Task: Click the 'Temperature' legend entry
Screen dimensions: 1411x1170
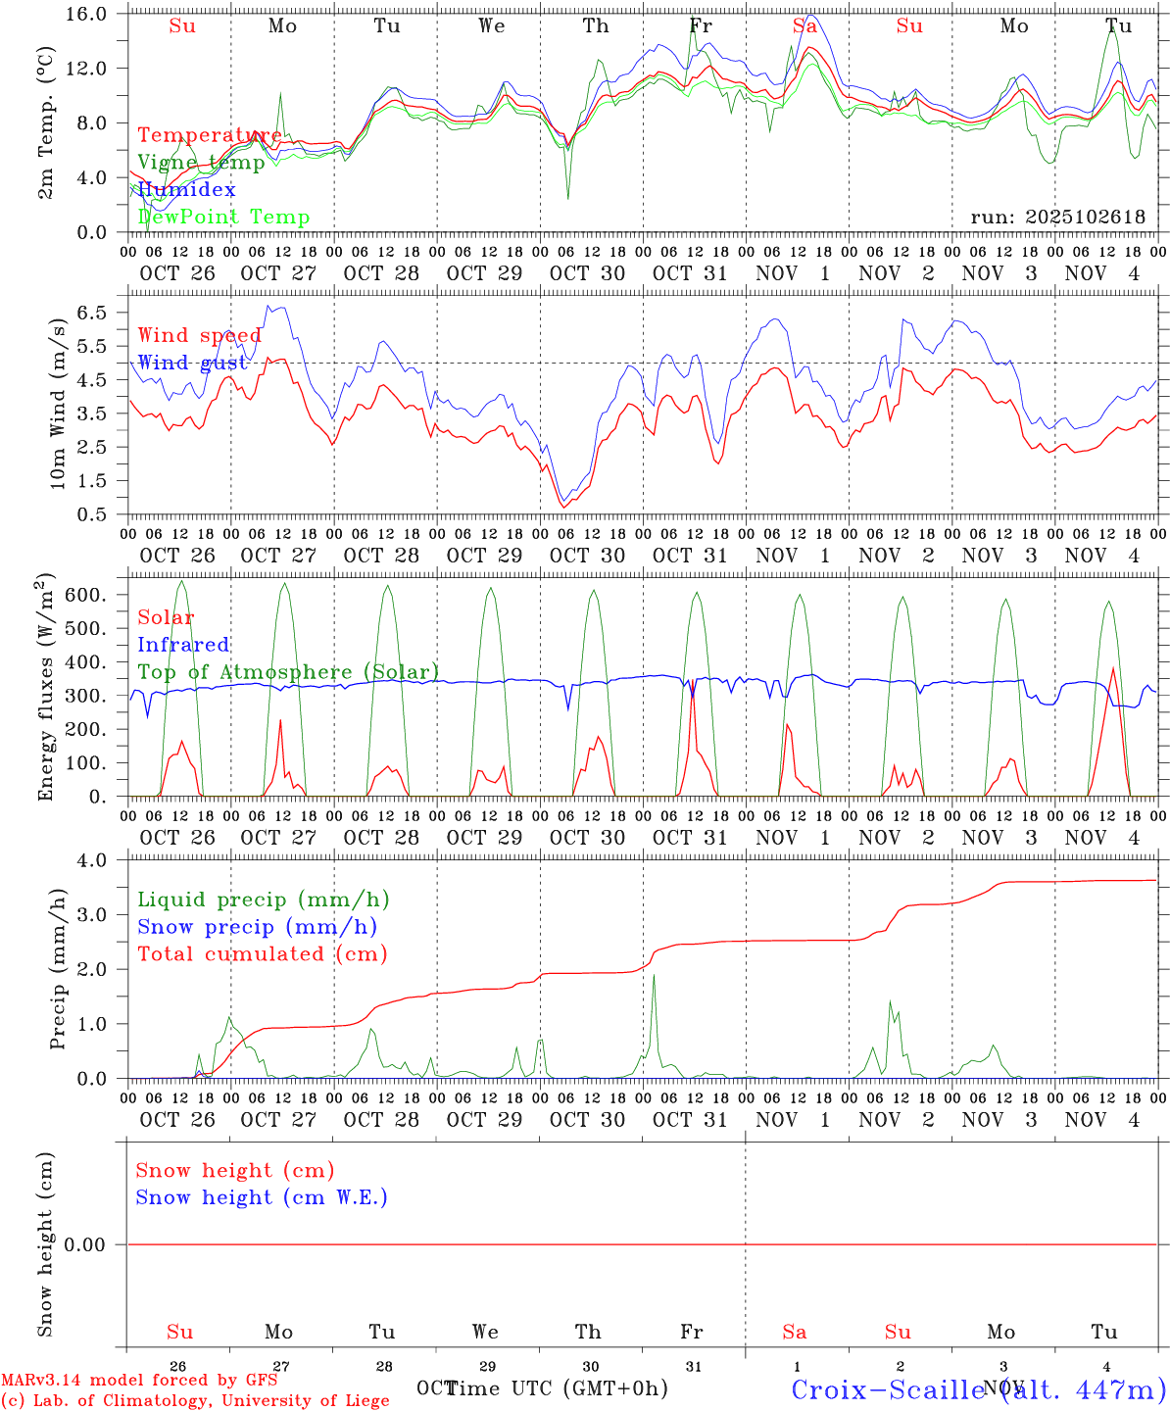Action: coord(209,135)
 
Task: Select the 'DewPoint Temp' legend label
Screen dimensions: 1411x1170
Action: coord(223,217)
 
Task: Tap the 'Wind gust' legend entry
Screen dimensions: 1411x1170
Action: coord(192,363)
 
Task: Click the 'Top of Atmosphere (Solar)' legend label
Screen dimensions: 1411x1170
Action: coord(288,672)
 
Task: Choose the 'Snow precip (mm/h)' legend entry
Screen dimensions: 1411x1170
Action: coord(258,927)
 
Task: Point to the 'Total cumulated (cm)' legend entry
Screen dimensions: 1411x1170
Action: coord(263,953)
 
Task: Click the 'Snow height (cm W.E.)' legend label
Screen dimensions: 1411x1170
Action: coord(262,1197)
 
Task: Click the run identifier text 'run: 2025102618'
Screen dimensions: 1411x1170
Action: coord(1058,218)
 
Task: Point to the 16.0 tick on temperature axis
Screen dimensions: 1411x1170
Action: coord(94,14)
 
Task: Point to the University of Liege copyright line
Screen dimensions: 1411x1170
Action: coord(195,1400)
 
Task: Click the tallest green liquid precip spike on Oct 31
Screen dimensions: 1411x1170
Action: coord(654,977)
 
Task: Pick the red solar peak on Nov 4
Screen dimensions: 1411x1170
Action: coord(1113,669)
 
